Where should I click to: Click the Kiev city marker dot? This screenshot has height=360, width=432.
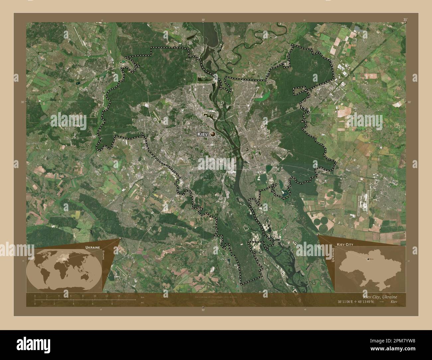tap(213, 134)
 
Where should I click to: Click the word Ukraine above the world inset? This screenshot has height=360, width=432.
tap(92, 248)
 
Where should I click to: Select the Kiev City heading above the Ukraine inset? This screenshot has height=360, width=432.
tap(345, 244)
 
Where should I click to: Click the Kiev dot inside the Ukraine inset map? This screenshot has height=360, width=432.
tap(368, 259)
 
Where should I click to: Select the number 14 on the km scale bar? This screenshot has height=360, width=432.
tap(119, 296)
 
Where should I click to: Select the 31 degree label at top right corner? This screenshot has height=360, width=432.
tap(405, 20)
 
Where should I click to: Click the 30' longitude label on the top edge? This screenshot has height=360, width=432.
tap(203, 20)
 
